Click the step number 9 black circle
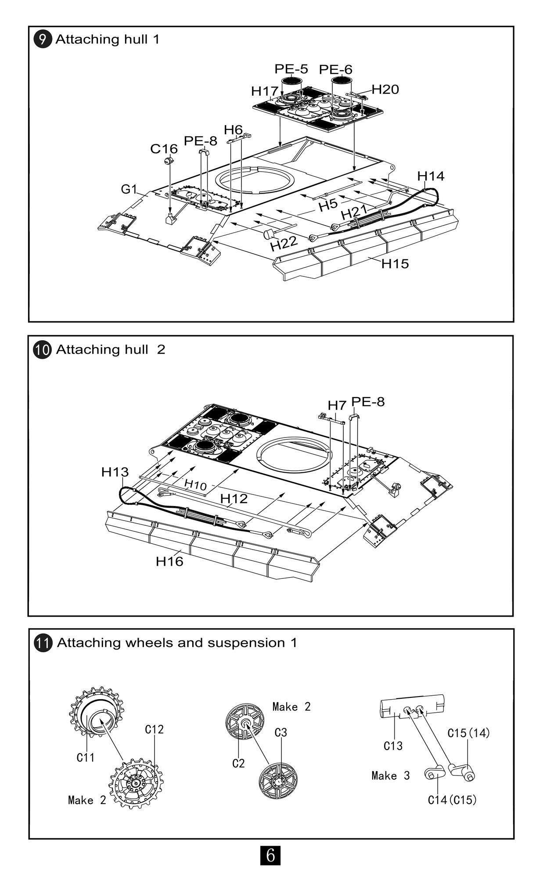click(x=42, y=39)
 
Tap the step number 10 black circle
click(x=43, y=350)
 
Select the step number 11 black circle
click(x=43, y=643)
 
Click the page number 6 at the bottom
click(x=270, y=855)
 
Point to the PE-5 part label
click(x=291, y=69)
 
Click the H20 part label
click(x=385, y=90)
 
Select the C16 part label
click(x=164, y=149)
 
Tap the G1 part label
click(x=129, y=189)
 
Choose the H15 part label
click(x=395, y=263)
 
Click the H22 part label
click(x=284, y=243)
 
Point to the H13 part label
click(x=115, y=472)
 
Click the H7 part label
click(x=337, y=405)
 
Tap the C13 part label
click(x=393, y=746)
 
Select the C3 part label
click(x=281, y=733)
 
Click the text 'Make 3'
click(x=390, y=776)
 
